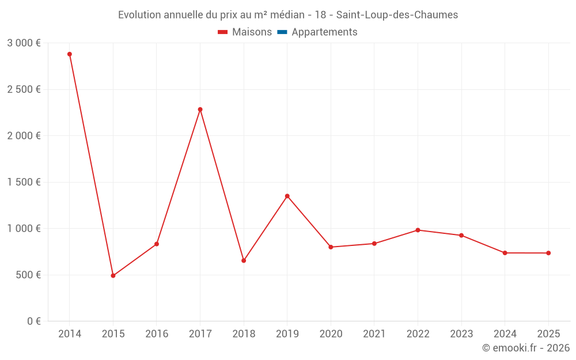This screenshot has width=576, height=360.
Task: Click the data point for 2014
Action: (70, 54)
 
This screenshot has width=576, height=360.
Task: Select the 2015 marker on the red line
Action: (113, 276)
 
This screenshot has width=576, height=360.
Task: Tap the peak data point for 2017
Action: (200, 109)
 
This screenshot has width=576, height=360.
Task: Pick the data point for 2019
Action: (287, 196)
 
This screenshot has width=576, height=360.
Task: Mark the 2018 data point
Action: (244, 260)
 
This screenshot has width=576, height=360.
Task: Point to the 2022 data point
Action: (418, 230)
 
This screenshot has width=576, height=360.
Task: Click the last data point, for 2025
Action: (548, 253)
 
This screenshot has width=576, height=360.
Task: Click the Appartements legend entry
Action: (324, 32)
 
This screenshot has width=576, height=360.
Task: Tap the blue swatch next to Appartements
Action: (282, 32)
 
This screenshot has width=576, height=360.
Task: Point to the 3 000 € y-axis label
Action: (24, 43)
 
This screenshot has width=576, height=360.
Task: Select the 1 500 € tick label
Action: (24, 182)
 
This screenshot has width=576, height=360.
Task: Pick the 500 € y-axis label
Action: (28, 275)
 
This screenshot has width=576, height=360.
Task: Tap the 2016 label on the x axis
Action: (157, 334)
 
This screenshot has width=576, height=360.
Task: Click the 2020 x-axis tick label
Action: (331, 334)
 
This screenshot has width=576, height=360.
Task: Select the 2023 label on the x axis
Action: (461, 334)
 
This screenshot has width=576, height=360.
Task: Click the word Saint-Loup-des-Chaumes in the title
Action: (397, 15)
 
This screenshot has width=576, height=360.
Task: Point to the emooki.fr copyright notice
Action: (525, 348)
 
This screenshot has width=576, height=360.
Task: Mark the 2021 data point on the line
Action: (374, 244)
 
